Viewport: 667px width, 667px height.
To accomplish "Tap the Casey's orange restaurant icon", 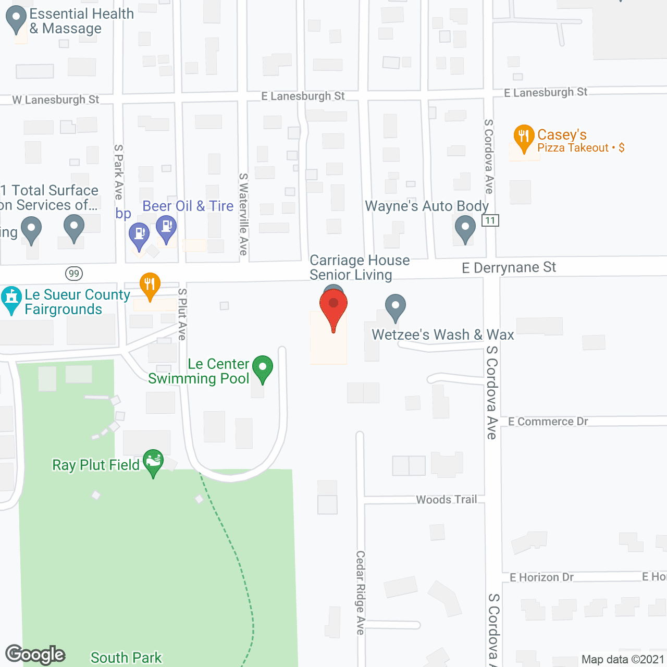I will click(x=524, y=137).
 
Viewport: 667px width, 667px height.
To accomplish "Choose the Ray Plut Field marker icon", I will click(x=153, y=461).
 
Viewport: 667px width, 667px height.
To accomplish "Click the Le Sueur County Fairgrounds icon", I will click(x=11, y=299).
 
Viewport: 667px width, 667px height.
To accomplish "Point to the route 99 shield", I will click(x=74, y=273).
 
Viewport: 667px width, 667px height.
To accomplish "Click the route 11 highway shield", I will click(x=490, y=220).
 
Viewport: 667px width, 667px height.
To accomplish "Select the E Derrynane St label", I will click(x=509, y=268).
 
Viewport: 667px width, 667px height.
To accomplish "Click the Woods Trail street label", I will click(x=446, y=500).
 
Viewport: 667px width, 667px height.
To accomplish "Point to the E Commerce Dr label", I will click(x=548, y=422).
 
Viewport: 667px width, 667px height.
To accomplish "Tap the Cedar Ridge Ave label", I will click(x=360, y=592).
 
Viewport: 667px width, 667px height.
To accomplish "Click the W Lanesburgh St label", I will click(x=56, y=100).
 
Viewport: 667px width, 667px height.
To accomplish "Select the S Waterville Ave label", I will click(x=243, y=214).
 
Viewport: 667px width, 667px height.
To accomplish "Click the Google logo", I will click(x=35, y=654).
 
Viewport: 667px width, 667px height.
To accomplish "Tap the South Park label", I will click(x=126, y=658).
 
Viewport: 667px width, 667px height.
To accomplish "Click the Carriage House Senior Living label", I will click(x=360, y=267).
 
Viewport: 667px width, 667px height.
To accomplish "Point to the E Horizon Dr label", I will click(x=541, y=577).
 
